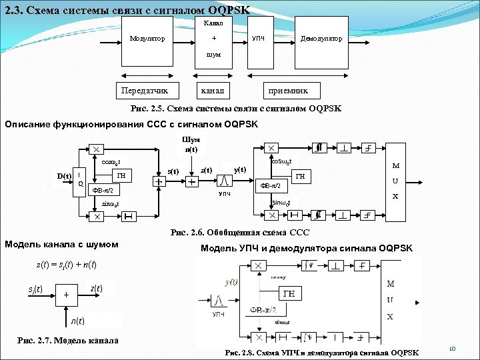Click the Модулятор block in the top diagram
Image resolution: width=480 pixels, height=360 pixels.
151,39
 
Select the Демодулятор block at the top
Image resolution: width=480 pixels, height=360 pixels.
322,39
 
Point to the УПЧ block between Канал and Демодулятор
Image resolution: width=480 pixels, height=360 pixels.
257,39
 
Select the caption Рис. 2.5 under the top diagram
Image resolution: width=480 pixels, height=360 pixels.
237,109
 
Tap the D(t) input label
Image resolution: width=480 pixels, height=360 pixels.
64,176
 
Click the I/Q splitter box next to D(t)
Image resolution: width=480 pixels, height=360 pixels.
81,179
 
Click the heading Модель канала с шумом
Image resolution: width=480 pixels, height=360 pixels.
61,245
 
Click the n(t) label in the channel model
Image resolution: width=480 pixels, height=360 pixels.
78,321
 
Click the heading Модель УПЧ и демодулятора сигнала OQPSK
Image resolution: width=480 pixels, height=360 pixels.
307,249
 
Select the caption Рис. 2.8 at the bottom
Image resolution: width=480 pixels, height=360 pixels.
323,352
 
